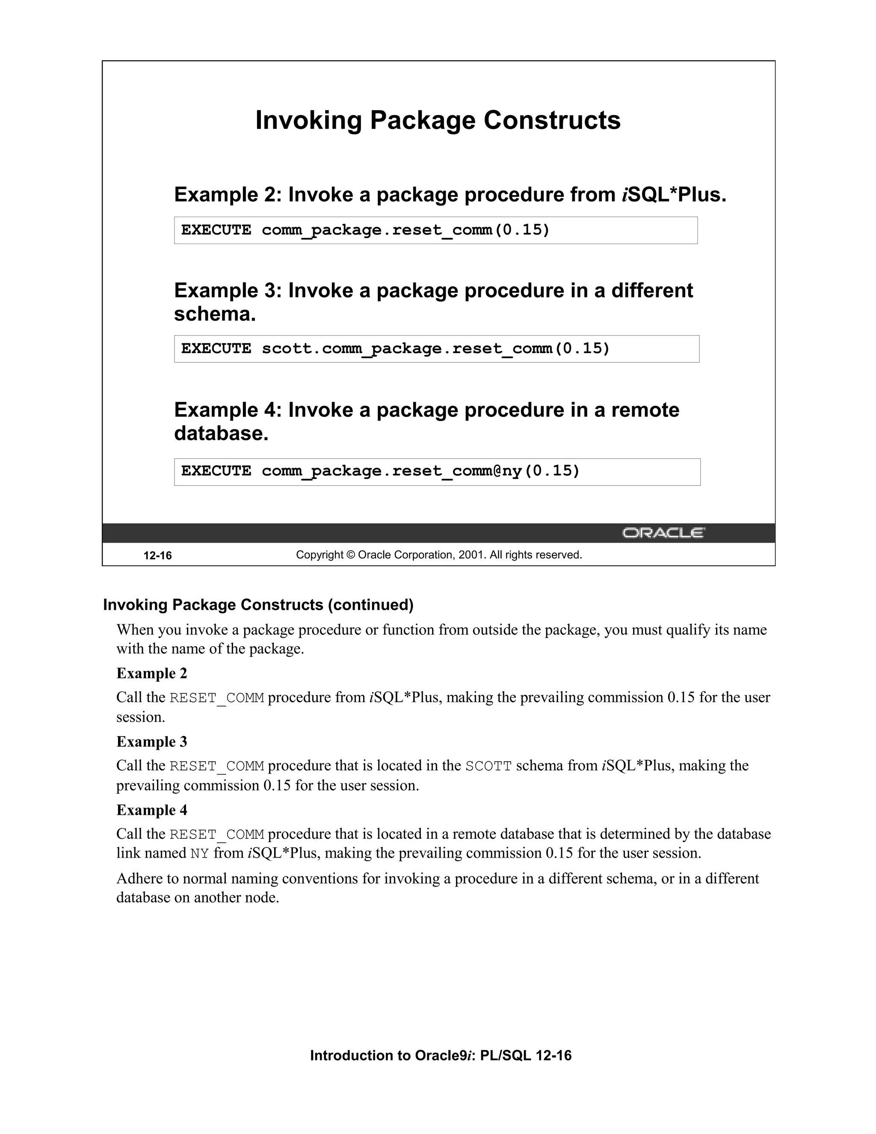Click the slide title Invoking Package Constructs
point(438,121)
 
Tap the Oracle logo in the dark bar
point(663,533)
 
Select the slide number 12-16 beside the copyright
point(157,555)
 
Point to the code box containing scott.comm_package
point(436,348)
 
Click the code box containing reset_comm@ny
point(437,472)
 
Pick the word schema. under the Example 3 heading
point(215,314)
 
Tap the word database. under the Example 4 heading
point(221,433)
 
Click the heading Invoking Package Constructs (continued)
point(258,605)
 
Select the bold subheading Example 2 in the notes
point(151,674)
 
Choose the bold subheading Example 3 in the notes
point(151,742)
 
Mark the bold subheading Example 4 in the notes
point(151,810)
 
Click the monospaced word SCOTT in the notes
point(488,766)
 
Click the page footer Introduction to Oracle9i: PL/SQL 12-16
point(441,1056)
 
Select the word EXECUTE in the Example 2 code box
point(216,230)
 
